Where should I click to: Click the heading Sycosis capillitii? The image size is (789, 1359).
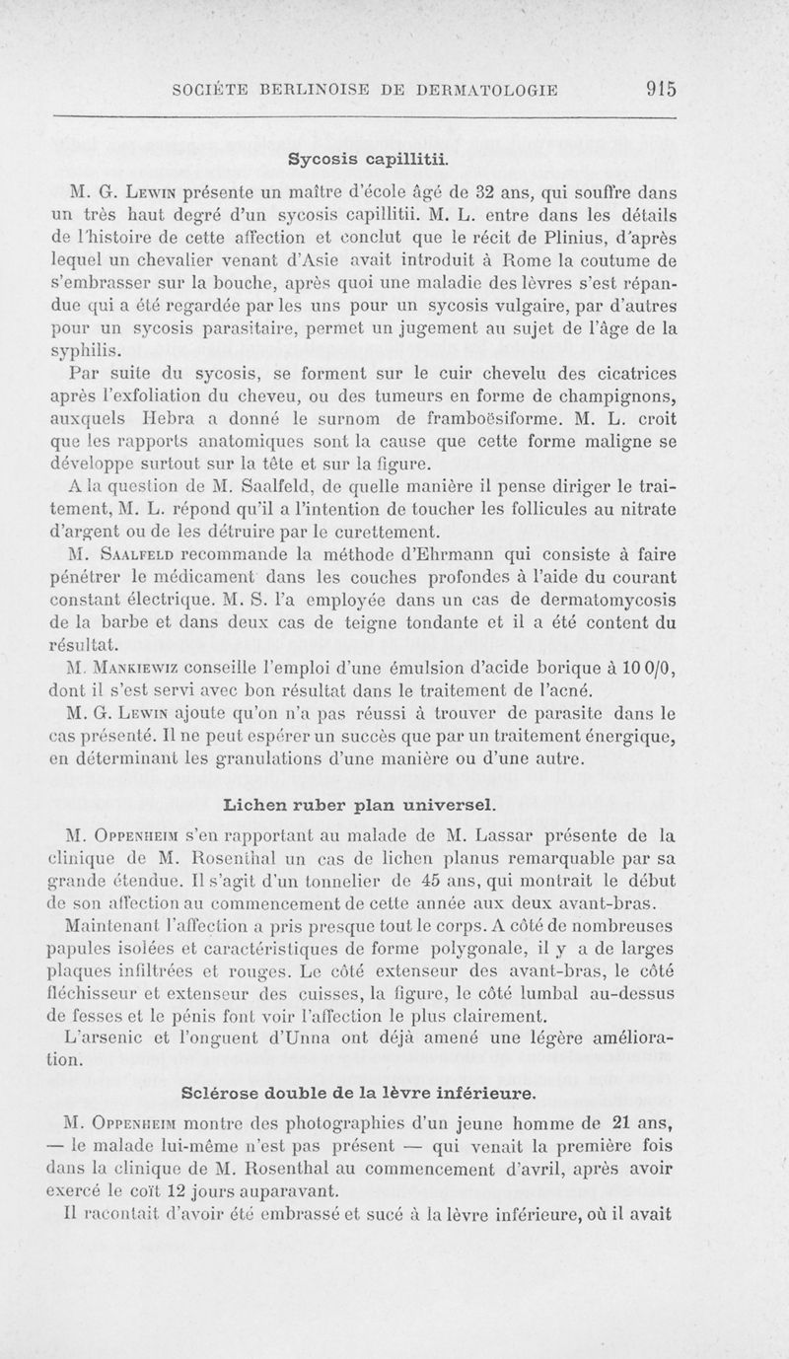pyautogui.click(x=369, y=157)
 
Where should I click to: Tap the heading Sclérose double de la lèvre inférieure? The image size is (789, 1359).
pyautogui.click(x=360, y=1093)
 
